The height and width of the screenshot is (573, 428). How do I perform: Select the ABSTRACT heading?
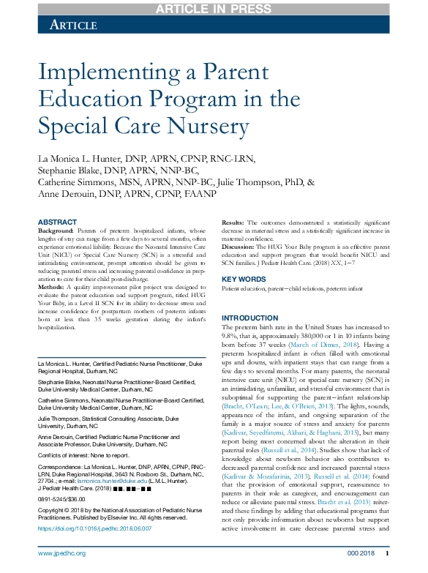tap(56, 222)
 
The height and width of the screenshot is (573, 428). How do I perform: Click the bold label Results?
tap(233, 222)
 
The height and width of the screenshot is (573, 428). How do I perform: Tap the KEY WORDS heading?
tap(244, 279)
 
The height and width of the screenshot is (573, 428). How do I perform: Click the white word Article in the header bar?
tap(73, 25)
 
